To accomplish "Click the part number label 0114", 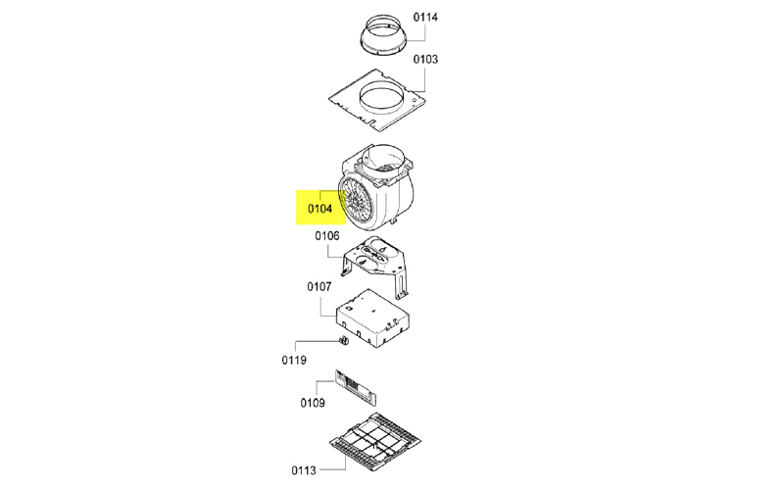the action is click(x=425, y=17).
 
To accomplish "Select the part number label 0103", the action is click(x=425, y=59).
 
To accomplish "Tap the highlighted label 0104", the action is click(x=320, y=208).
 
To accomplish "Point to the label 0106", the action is click(x=327, y=235).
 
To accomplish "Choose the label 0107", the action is click(x=319, y=286).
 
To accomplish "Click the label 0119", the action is click(x=294, y=360).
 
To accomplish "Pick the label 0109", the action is click(x=313, y=403).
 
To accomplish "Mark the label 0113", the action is click(x=304, y=470).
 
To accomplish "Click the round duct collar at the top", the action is click(x=382, y=35).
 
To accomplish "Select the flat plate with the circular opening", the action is click(x=377, y=100).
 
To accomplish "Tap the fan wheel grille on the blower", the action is click(x=357, y=203).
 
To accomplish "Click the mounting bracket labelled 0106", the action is click(x=375, y=263).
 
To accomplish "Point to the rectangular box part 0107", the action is click(x=373, y=318).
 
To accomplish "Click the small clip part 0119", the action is click(x=344, y=341).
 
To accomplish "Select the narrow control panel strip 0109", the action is click(x=356, y=388).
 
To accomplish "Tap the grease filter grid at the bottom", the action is click(x=375, y=442).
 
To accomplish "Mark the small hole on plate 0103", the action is click(x=414, y=100).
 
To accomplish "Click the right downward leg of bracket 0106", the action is click(x=401, y=286).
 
